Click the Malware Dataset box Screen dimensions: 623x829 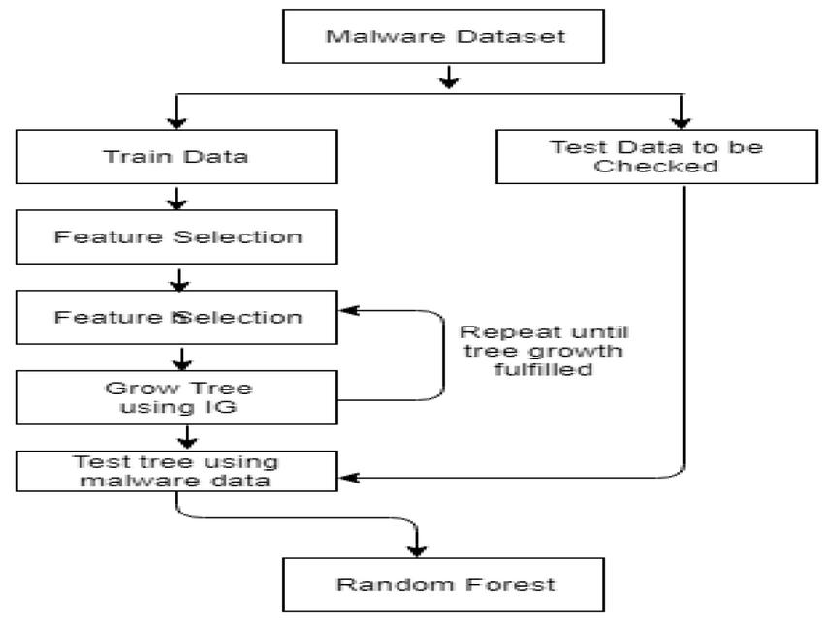pos(448,39)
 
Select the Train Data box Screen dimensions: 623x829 pos(176,156)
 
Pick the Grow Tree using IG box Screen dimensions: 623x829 pos(176,397)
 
